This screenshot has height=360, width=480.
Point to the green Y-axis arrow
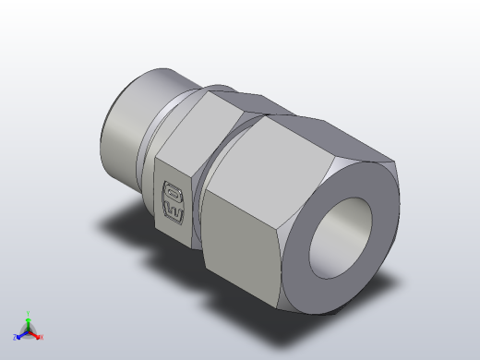pyautogui.click(x=29, y=322)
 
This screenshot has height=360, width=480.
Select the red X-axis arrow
pyautogui.click(x=36, y=334)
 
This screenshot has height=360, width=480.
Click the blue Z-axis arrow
pyautogui.click(x=21, y=335)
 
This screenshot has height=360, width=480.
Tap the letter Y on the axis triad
pyautogui.click(x=29, y=314)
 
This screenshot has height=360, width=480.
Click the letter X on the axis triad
pyautogui.click(x=42, y=337)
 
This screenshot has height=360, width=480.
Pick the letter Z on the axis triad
pyautogui.click(x=16, y=338)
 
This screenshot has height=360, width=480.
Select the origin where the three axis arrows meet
pyautogui.click(x=29, y=331)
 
